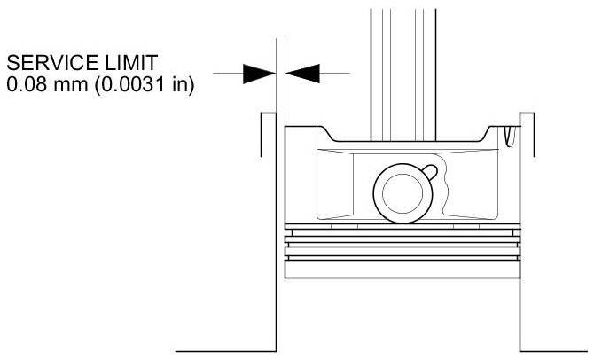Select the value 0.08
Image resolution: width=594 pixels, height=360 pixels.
point(23,87)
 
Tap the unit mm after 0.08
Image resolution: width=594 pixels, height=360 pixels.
point(61,87)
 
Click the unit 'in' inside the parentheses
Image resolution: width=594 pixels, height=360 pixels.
point(176,87)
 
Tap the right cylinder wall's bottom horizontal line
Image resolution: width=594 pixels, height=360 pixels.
point(554,350)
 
